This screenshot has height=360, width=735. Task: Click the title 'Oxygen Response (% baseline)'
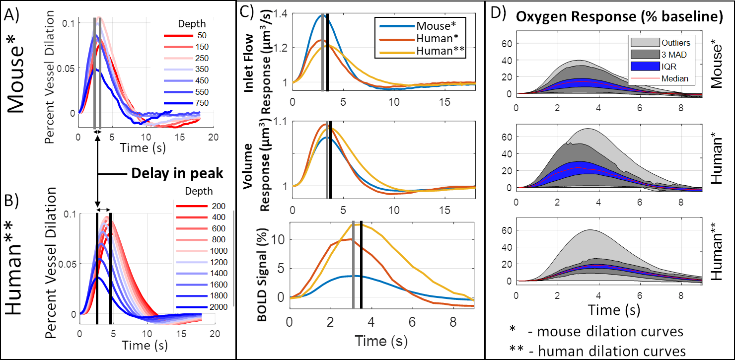(x=619, y=16)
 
